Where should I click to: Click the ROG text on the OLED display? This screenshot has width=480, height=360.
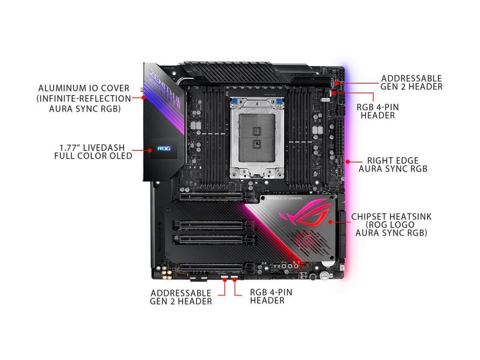pos(164,148)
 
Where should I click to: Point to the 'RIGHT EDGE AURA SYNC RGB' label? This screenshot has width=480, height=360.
pos(392,165)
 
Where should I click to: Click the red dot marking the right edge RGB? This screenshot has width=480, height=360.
pos(348,162)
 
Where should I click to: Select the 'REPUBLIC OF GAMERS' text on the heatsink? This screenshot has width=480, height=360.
pos(284,198)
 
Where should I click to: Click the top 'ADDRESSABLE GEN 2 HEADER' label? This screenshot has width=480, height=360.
pos(411,82)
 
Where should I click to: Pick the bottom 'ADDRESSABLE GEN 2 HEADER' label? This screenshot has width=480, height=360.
pos(181,297)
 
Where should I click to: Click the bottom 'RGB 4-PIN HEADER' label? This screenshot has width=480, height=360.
pos(271,296)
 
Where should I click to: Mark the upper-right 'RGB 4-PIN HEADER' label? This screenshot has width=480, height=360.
pos(378,111)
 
